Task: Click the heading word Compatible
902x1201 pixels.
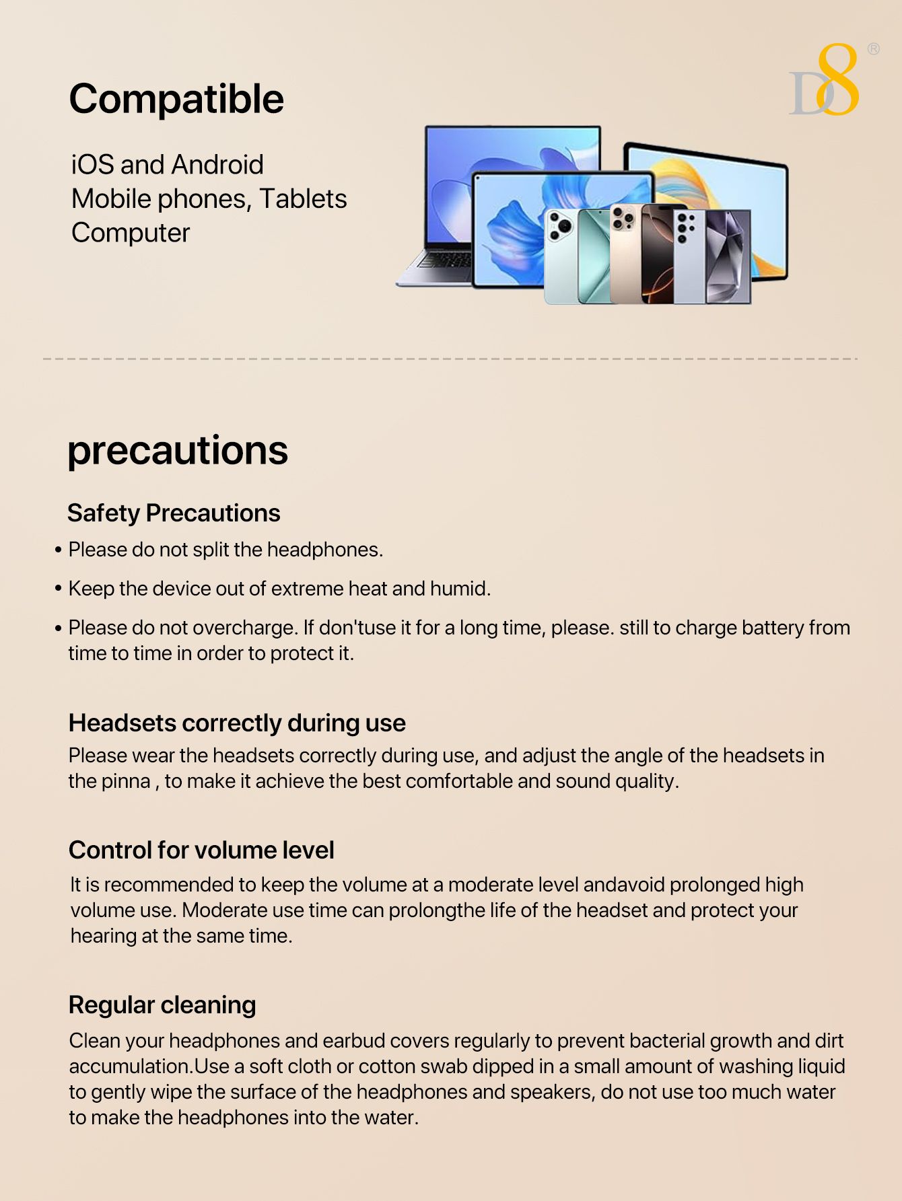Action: click(176, 100)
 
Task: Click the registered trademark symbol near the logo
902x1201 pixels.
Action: click(873, 48)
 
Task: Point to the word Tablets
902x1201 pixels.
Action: click(303, 199)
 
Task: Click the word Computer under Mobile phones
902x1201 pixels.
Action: click(131, 233)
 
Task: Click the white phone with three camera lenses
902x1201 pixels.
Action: click(560, 256)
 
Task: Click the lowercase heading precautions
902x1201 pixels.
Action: click(178, 450)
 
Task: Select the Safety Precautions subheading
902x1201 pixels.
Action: click(174, 513)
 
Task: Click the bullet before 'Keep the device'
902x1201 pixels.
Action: click(59, 589)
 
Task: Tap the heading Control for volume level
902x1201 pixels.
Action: click(201, 850)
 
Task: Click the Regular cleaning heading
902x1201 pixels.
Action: click(162, 1005)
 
